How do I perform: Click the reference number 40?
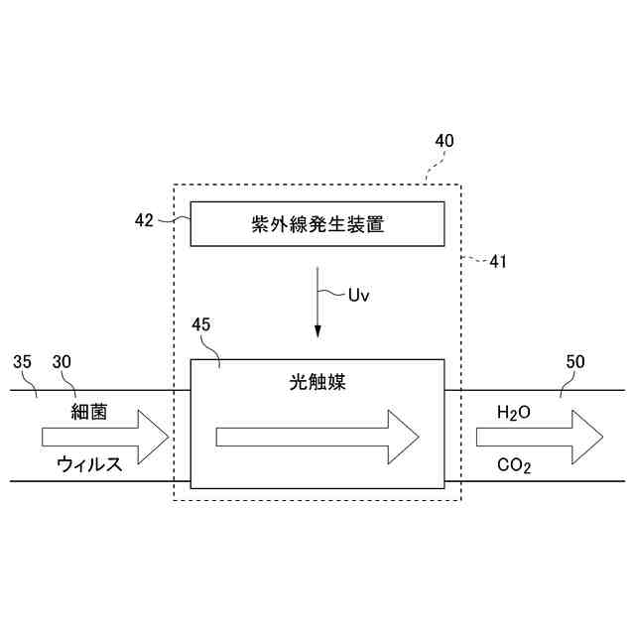[x=444, y=141]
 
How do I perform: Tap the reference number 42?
[x=144, y=221]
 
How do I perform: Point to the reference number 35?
[x=23, y=362]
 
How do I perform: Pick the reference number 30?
[x=62, y=362]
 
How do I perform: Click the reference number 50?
[x=574, y=362]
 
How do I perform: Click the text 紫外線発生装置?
[x=317, y=225]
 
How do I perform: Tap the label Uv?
[x=359, y=294]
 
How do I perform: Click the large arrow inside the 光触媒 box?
[x=317, y=436]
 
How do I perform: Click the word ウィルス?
[x=90, y=463]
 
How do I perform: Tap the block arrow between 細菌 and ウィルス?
[x=105, y=436]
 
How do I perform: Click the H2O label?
[x=514, y=411]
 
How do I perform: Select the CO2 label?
[x=514, y=463]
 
